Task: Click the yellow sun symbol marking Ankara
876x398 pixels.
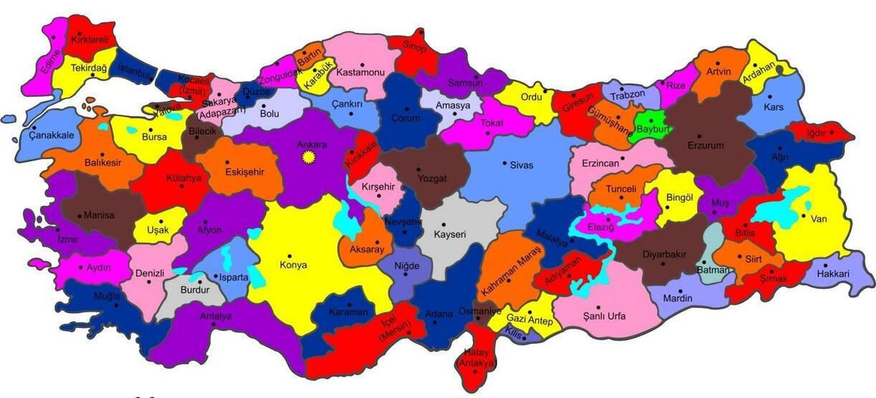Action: click(x=310, y=156)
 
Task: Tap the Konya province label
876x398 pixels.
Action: click(x=293, y=265)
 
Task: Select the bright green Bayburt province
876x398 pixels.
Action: click(x=650, y=124)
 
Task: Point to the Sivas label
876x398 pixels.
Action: click(x=521, y=165)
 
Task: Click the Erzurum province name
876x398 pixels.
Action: click(x=705, y=145)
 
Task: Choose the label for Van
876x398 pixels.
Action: click(x=819, y=219)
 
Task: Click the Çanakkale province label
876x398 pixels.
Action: click(x=52, y=135)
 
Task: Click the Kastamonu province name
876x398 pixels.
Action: click(x=361, y=72)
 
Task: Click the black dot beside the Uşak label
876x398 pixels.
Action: click(x=161, y=222)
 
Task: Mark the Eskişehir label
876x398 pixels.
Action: click(x=244, y=172)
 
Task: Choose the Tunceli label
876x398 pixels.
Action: click(x=622, y=189)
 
